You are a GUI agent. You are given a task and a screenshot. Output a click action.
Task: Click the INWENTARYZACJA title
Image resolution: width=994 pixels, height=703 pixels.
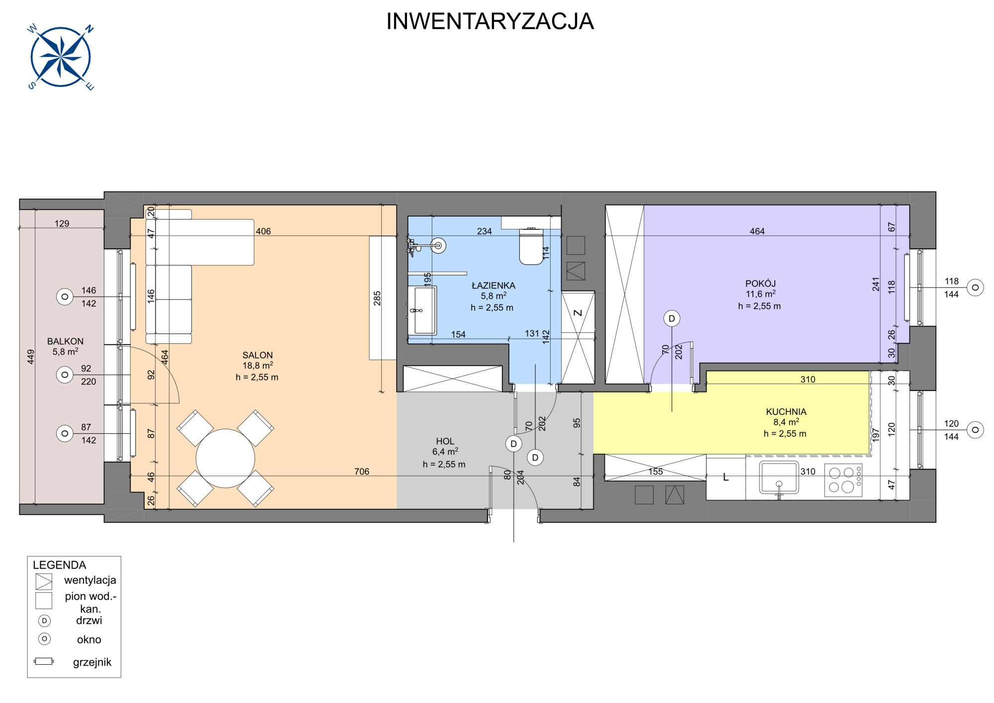pos(490,21)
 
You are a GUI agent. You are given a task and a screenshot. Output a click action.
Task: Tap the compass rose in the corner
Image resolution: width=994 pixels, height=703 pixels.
pos(60,57)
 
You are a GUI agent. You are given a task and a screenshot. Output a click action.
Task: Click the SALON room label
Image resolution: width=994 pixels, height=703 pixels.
pos(257,355)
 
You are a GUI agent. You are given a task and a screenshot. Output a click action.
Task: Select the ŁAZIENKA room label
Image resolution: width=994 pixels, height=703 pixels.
pos(494,286)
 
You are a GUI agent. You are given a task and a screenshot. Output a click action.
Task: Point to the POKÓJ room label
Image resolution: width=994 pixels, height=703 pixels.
pos(760,284)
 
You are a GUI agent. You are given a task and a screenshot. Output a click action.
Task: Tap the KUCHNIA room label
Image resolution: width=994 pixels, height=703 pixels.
pos(786,412)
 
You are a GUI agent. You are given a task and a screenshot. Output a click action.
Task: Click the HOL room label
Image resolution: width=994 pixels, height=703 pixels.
pos(445,441)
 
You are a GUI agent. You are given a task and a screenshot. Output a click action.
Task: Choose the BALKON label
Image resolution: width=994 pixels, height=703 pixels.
pos(65,341)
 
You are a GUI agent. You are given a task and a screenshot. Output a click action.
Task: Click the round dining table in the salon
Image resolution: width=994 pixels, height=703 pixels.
pos(225,459)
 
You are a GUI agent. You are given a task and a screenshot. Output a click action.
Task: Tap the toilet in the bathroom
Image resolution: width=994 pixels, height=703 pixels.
pos(531,246)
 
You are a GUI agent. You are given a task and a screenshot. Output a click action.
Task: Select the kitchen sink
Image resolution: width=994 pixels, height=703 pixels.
pos(779,478)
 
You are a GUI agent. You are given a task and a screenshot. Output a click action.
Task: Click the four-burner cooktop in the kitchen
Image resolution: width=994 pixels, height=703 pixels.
pos(843,480)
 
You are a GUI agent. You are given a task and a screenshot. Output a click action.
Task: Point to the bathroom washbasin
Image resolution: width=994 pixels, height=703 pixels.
pos(422,311)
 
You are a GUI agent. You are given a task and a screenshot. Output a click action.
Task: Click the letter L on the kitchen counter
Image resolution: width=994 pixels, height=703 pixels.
pos(726,477)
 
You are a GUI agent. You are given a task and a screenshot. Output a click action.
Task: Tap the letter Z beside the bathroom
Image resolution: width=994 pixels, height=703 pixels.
pos(578,312)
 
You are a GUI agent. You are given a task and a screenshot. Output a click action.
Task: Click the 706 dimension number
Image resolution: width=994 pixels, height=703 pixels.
pos(362,471)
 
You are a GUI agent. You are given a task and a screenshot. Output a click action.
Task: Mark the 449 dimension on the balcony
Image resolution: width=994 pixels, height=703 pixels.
pos(31,357)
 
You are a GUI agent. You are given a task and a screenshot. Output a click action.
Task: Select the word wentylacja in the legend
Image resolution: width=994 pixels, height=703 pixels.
pos(90,580)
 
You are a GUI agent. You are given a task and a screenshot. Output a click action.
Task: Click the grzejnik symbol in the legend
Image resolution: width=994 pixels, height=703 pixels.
pos(44,661)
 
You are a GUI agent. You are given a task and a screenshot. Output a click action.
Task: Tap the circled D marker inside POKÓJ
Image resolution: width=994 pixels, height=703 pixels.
pos(672,318)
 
